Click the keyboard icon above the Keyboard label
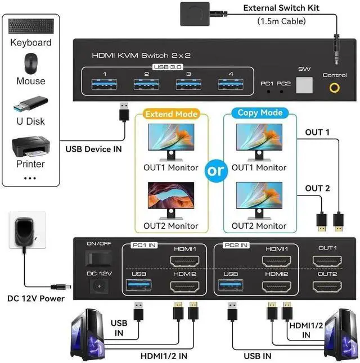coord(30,26)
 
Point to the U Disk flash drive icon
coord(30,105)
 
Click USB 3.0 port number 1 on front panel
coord(104,85)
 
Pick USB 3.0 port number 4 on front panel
coord(230,85)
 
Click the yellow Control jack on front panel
coord(335,88)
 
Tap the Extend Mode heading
coord(171,114)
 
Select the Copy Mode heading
coord(255,113)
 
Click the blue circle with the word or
coord(215,171)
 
